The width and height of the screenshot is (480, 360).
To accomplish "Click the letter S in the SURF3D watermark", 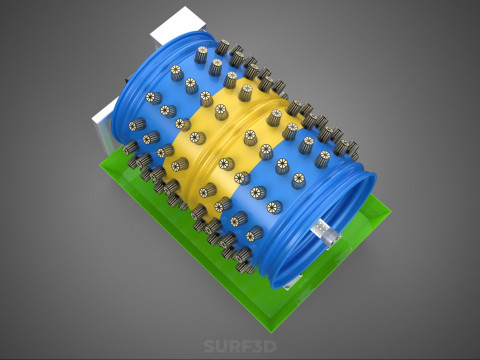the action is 209,346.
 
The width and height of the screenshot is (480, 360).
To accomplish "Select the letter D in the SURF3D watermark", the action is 270,346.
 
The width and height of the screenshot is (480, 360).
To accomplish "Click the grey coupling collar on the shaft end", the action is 333,239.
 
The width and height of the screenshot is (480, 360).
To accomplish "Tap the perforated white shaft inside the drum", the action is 319,229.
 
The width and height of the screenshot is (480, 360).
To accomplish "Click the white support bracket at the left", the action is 104,128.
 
